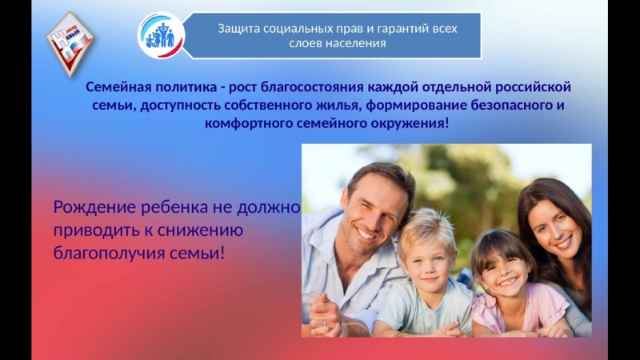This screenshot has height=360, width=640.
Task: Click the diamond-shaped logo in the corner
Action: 70,43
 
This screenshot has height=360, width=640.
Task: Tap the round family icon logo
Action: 161,34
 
